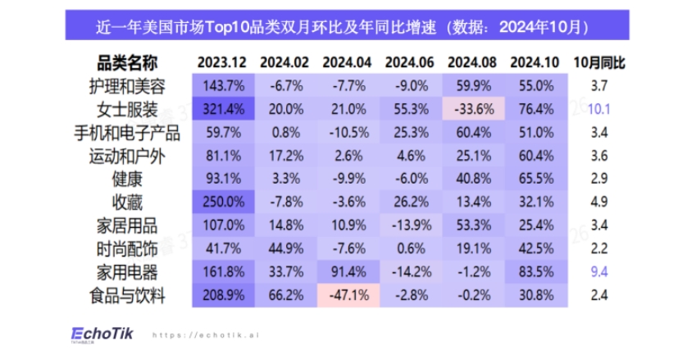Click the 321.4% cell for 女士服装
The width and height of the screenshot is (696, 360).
point(222,109)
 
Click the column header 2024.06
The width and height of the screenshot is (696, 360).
point(409,63)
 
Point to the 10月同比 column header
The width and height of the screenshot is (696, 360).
point(598,63)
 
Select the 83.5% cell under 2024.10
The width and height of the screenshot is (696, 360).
point(535,273)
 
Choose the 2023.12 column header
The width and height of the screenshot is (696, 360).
point(222,63)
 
